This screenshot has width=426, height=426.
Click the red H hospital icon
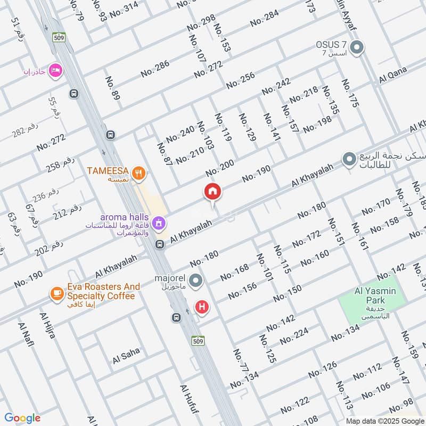202,306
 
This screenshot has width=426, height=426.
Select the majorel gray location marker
196,280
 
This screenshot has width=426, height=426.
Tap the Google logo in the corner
22,418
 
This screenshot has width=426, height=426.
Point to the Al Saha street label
126,355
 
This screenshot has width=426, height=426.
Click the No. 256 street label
240,80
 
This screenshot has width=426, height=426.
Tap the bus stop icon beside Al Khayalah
159,244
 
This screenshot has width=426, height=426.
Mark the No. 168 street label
234,272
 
